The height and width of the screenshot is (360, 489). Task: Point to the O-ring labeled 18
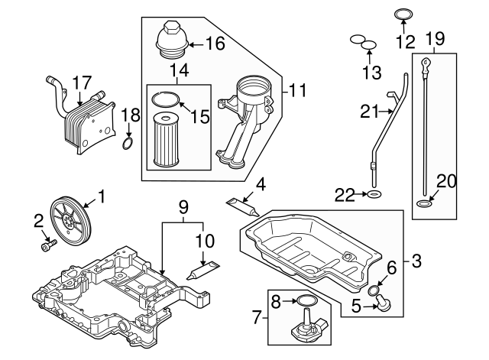tap(129, 144)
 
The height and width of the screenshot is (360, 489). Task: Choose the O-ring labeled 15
tap(167, 99)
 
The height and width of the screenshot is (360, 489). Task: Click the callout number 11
tap(297, 91)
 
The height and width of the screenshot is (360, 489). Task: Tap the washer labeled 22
tap(374, 196)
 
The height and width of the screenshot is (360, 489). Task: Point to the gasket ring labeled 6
tap(374, 290)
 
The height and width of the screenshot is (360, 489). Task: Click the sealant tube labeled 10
tap(202, 269)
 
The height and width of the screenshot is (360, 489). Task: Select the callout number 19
tap(435, 38)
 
